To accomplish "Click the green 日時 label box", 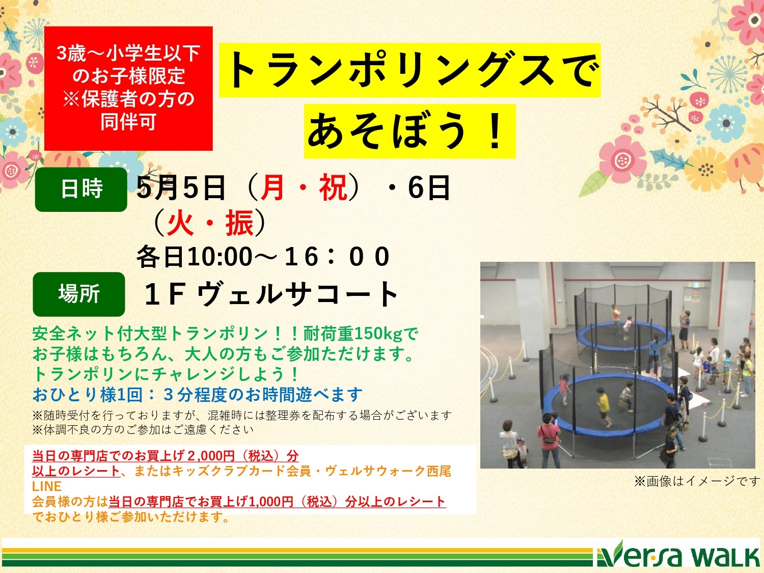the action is click(81, 189).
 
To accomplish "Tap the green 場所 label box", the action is click(79, 294).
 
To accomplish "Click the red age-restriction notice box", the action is click(128, 88).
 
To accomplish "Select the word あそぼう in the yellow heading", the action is click(387, 131).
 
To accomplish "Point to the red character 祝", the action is click(334, 188).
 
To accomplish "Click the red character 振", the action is click(239, 223).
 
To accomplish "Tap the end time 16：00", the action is click(337, 257).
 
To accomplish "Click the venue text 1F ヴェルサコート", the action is click(271, 294).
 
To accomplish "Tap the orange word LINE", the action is click(47, 486).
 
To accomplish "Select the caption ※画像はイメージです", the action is click(697, 481).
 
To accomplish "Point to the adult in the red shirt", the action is click(549, 440).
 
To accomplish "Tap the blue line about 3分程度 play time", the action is click(197, 395).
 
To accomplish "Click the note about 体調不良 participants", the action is click(143, 430).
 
